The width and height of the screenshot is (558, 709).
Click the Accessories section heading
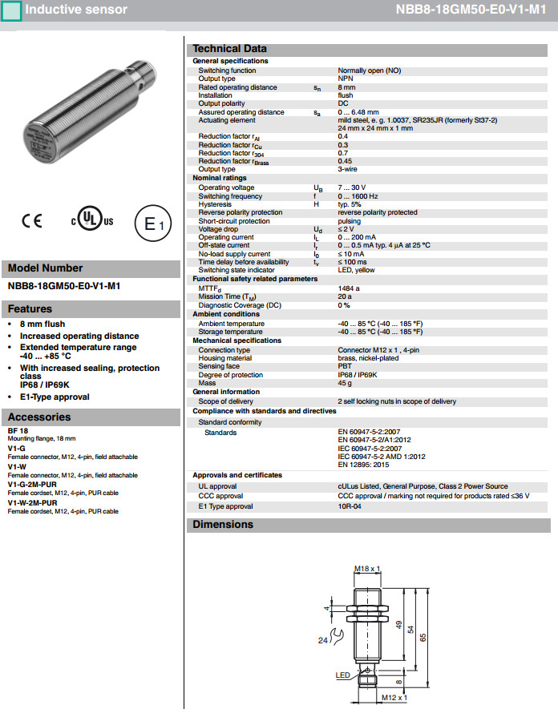pyautogui.click(x=39, y=417)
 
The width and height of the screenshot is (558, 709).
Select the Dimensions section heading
pyautogui.click(x=223, y=525)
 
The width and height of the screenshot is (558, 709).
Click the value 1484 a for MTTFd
pyautogui.click(x=349, y=288)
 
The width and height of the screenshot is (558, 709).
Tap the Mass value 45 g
pyautogui.click(x=346, y=383)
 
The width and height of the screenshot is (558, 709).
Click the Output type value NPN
pyautogui.click(x=346, y=79)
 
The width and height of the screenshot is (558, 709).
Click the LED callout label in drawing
pyautogui.click(x=342, y=675)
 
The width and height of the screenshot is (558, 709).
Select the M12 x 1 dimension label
pyautogui.click(x=394, y=698)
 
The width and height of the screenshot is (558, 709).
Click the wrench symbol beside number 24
pyautogui.click(x=338, y=639)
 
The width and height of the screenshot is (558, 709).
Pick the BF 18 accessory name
pyautogui.click(x=18, y=431)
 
